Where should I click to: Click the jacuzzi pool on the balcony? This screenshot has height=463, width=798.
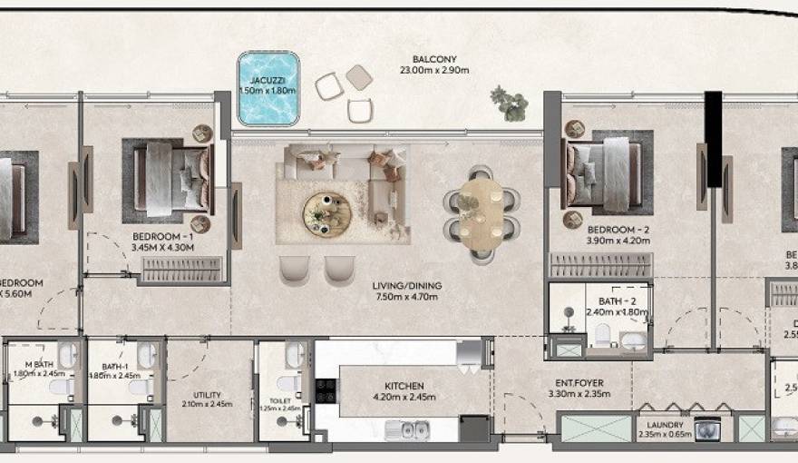268,89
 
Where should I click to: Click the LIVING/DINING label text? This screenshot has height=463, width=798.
406,287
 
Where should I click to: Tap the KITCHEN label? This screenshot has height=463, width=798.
404,386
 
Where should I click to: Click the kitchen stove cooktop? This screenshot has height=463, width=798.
325,390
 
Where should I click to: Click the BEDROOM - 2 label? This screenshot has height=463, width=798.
618,230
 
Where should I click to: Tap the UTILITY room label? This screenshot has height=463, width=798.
208,395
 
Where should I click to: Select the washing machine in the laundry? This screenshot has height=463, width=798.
706,429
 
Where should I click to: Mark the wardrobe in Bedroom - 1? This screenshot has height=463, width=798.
182,269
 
